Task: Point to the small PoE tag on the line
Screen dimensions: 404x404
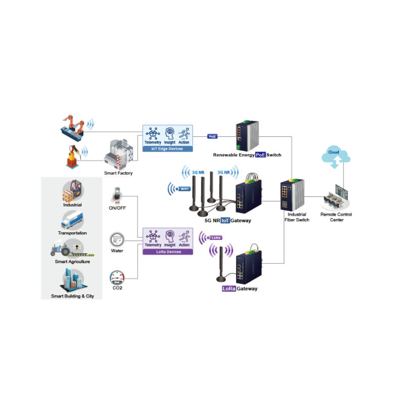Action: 213,136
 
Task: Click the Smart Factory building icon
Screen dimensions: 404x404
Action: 118,154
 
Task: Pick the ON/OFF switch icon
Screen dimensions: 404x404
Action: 117,194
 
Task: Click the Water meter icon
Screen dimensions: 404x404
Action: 117,238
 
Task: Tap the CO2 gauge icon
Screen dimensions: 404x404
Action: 117,277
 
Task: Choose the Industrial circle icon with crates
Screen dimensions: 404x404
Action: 73,191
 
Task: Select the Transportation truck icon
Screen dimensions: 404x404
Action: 73,220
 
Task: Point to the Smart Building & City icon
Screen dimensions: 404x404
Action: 73,279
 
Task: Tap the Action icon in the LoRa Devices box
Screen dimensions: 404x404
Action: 184,236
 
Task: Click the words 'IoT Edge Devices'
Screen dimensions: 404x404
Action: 168,149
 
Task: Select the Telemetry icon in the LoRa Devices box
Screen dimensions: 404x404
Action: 153,236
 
